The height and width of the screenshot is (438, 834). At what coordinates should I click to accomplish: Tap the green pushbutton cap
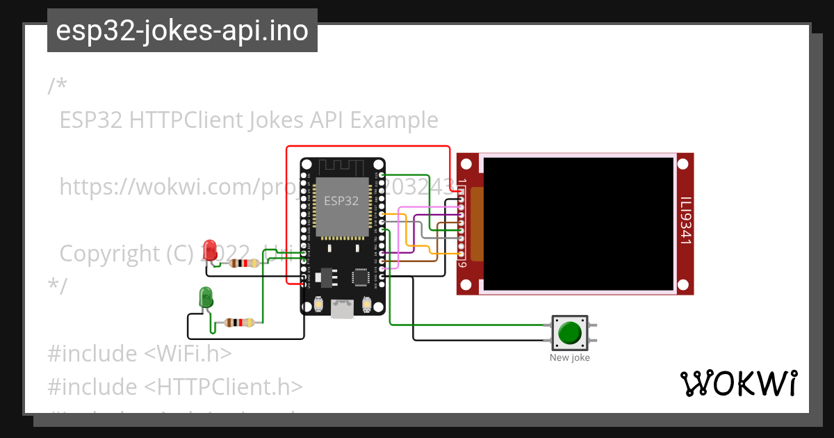point(570,332)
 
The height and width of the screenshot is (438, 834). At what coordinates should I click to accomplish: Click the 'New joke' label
point(569,358)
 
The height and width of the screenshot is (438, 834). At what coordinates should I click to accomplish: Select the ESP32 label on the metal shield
point(341,201)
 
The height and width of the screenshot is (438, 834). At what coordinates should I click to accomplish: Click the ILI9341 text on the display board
point(685,221)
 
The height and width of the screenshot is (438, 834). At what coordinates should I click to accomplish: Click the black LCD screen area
point(578,223)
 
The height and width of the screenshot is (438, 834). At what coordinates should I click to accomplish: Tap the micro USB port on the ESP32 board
point(341,308)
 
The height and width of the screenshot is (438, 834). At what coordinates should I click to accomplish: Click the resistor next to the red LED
point(244,263)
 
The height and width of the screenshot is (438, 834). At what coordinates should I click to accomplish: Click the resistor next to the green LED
point(238,323)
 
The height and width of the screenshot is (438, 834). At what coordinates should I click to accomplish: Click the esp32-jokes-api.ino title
point(182,31)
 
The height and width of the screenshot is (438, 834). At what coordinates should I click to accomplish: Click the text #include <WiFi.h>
point(139,353)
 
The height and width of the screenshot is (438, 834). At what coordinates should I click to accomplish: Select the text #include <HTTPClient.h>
point(175,387)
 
